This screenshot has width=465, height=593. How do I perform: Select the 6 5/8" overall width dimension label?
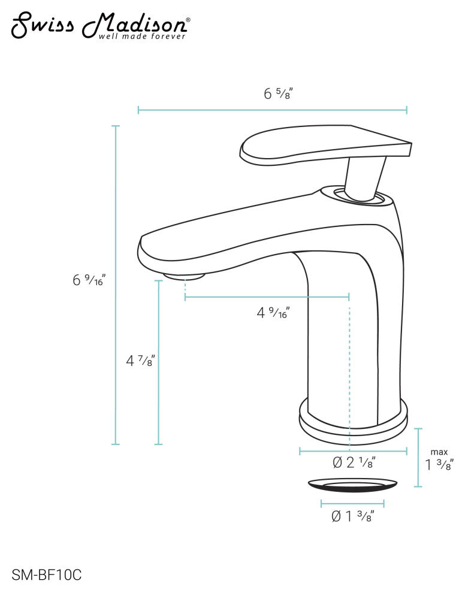pos(277,93)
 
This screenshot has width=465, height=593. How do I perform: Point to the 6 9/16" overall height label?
pos(89,279)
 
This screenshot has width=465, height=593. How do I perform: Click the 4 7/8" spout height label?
pos(140,361)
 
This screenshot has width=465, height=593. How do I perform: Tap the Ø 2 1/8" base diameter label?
pos(354,462)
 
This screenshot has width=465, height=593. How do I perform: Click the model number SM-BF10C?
pos(46,576)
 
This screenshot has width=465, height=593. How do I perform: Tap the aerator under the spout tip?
pos(185,276)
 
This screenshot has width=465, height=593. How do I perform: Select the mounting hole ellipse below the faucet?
pos(353,485)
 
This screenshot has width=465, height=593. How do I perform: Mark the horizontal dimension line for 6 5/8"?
pos(273,110)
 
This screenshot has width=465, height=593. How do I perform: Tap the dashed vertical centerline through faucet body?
pos(349,371)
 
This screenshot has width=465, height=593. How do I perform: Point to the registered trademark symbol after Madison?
pos(188,20)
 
